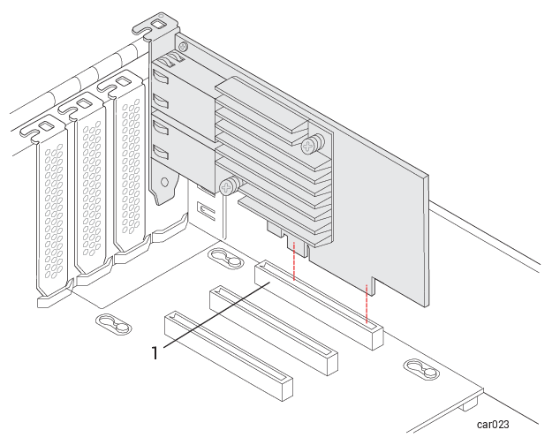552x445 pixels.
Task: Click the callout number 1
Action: coord(155,353)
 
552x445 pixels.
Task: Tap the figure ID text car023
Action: coord(493,425)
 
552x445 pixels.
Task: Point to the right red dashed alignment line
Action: coord(367,304)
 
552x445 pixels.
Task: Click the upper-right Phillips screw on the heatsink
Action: coord(312,144)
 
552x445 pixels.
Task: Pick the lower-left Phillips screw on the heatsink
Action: coord(229,185)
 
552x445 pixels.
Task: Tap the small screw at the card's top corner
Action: coord(182,46)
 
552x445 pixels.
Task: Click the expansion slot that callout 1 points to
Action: coord(319,305)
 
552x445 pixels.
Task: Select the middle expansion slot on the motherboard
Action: coord(274,330)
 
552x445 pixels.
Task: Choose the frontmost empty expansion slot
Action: coord(229,356)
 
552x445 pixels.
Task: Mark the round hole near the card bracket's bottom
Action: coord(164,182)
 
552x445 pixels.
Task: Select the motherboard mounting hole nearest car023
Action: coord(421,369)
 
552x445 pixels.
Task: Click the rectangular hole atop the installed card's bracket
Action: coord(158,25)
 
